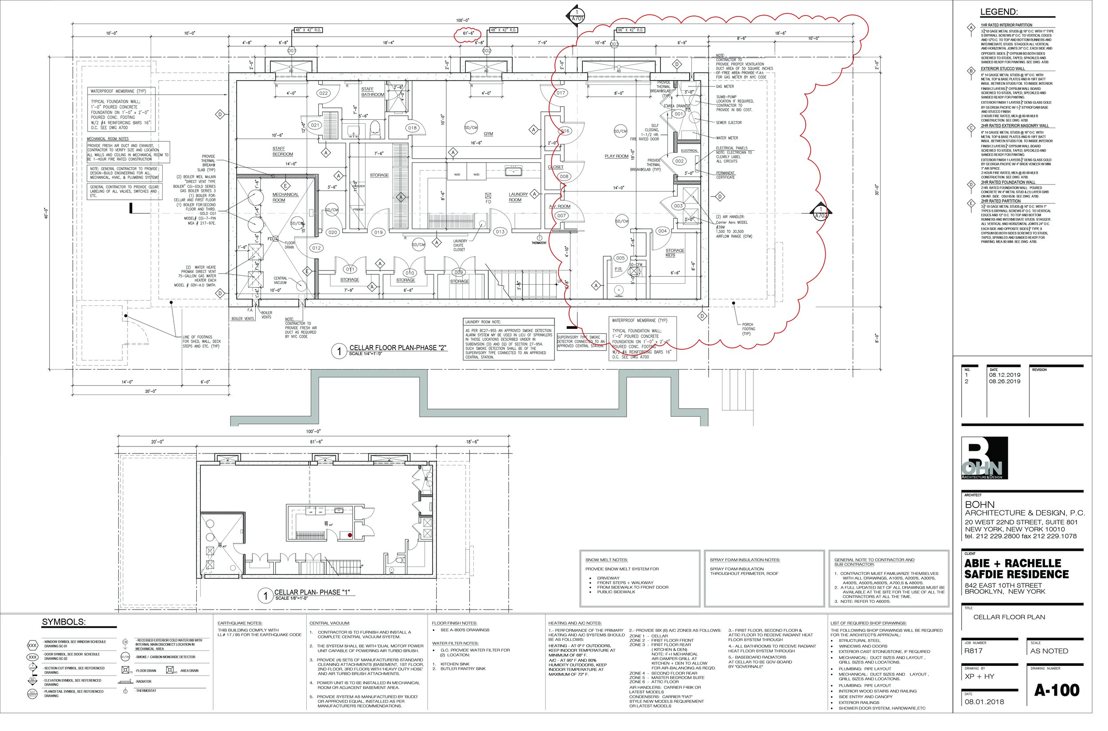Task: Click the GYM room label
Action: coord(488,134)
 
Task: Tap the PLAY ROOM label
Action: coord(616,156)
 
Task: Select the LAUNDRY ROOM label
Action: coord(518,197)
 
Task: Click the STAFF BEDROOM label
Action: coord(282,151)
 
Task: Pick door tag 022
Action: coord(324,93)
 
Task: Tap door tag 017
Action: coord(561,93)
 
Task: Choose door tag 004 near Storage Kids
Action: coord(662,231)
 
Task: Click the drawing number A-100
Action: coord(1056,690)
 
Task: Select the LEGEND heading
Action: coord(999,12)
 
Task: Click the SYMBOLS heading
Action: coord(64,622)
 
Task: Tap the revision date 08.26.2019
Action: coord(1005,381)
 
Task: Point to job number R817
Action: coord(973,651)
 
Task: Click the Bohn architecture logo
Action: coord(984,458)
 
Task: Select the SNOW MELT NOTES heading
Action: coord(606,560)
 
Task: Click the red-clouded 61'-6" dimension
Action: coord(468,33)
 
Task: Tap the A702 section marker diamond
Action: coord(821,214)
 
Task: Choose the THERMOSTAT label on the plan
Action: coord(539,243)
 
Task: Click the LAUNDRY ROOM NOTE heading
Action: coord(483,322)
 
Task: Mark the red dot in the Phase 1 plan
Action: coord(350,536)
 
